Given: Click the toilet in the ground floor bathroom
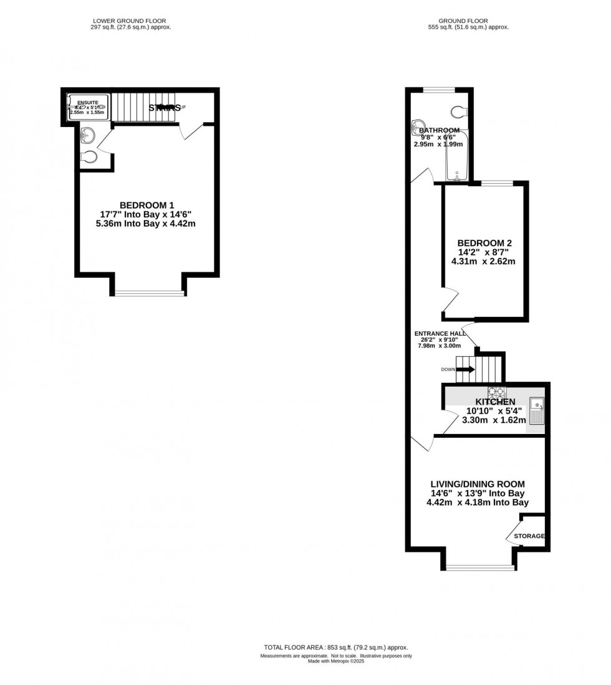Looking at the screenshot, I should (458, 112).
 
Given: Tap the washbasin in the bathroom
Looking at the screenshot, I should (417, 126).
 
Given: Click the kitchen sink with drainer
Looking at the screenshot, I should (536, 410).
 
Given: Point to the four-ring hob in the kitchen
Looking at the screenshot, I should (496, 392).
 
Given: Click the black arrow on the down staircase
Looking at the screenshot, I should (465, 369).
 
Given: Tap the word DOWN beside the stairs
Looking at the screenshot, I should (448, 369).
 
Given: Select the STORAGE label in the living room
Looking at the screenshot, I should (529, 536).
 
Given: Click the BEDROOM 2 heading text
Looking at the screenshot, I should (484, 243).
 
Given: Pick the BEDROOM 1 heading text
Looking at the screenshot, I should (147, 205).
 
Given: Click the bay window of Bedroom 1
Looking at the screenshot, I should (150, 293).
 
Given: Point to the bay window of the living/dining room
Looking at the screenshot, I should (480, 567).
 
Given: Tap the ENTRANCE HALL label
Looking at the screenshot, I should (440, 334).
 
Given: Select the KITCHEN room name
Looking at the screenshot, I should (495, 402).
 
